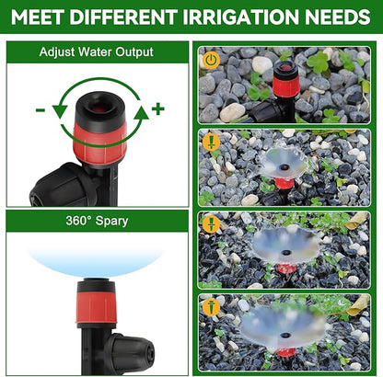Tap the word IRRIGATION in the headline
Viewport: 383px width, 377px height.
pos(248,17)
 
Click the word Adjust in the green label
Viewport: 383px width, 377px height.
pos(59,51)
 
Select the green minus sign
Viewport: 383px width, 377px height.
pos(41,110)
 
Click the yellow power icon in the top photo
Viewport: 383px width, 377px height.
pos(211,60)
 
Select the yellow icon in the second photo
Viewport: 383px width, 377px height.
pos(211,143)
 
